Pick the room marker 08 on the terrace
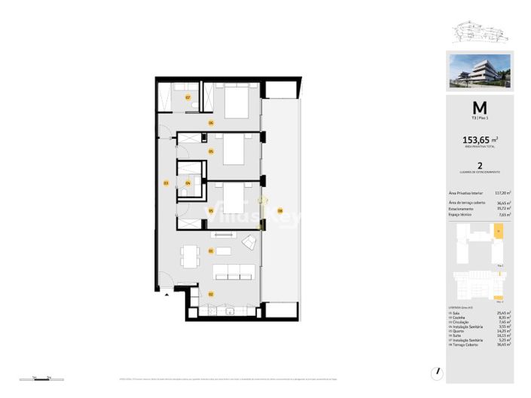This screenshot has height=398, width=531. tap(279, 211)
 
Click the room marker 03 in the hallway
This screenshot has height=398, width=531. tap(166, 182)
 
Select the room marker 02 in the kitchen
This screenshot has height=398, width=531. tap(211, 294)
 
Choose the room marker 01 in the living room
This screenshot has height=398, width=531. tap(212, 251)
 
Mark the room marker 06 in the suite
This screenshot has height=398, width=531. tap(212, 122)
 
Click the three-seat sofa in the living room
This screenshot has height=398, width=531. tap(234, 272)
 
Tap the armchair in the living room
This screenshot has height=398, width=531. tap(249, 241)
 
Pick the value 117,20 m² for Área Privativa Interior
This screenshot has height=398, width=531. tap(502, 194)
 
